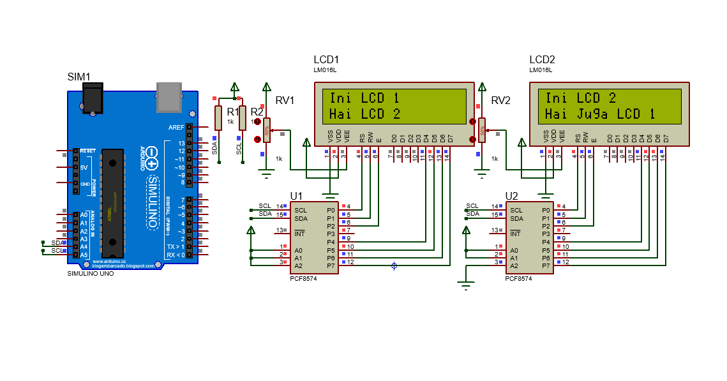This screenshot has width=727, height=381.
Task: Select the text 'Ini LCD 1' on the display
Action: [x=364, y=98]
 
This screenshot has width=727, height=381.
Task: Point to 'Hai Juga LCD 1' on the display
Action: [x=600, y=114]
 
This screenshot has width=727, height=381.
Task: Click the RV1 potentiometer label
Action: [x=285, y=100]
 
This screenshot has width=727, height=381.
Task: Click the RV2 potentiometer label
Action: [x=500, y=100]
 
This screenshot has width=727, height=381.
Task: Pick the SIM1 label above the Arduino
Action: [x=79, y=77]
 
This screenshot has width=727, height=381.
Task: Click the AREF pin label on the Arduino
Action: [x=176, y=128]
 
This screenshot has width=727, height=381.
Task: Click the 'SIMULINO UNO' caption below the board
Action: [x=91, y=273]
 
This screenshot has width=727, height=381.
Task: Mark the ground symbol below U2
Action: [x=467, y=285]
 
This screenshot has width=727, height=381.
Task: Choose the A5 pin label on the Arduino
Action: [x=83, y=255]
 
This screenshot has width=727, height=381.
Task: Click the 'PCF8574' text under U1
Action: [x=303, y=278]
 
